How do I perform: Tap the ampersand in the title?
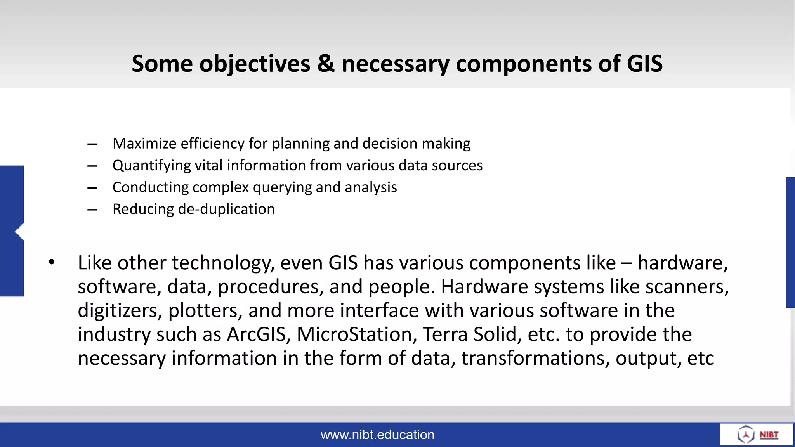tap(325, 64)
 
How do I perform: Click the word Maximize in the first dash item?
tap(144, 144)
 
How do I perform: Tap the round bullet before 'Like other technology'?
tap(52, 263)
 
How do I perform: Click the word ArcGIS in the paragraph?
tap(257, 334)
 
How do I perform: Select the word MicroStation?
tap(354, 334)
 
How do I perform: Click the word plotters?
tap(203, 311)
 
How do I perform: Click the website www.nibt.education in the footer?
tap(377, 435)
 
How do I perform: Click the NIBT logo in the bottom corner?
tap(757, 435)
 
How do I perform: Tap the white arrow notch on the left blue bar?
tap(19, 232)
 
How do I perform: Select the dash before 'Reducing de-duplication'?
tap(92, 210)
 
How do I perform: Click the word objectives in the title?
tap(255, 64)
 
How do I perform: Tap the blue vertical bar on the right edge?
tap(790, 243)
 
